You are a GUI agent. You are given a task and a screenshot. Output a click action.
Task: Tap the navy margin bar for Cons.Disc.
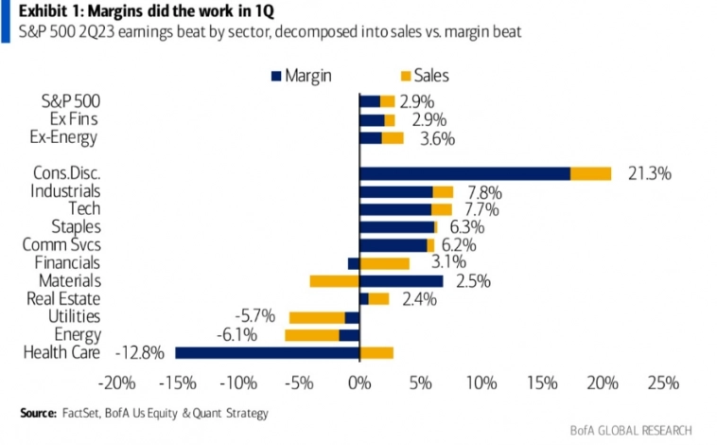pyautogui.click(x=464, y=173)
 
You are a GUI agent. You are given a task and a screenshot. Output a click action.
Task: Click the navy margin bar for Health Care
pyautogui.click(x=267, y=352)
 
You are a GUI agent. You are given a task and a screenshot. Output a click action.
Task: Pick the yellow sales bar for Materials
pyautogui.click(x=334, y=281)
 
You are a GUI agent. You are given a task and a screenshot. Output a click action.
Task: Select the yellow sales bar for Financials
pyautogui.click(x=384, y=263)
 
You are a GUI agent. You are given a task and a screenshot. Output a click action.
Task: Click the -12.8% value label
pyautogui.click(x=139, y=352)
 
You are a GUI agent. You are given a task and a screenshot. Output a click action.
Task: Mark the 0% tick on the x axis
pyautogui.click(x=359, y=383)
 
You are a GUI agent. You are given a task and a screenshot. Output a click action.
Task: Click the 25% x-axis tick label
pyautogui.click(x=663, y=383)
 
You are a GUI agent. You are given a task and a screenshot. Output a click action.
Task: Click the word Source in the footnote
pyautogui.click(x=37, y=413)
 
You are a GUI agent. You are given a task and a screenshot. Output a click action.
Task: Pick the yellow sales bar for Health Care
pyautogui.click(x=376, y=352)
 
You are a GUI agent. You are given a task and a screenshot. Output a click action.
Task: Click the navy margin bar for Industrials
pyautogui.click(x=395, y=191)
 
